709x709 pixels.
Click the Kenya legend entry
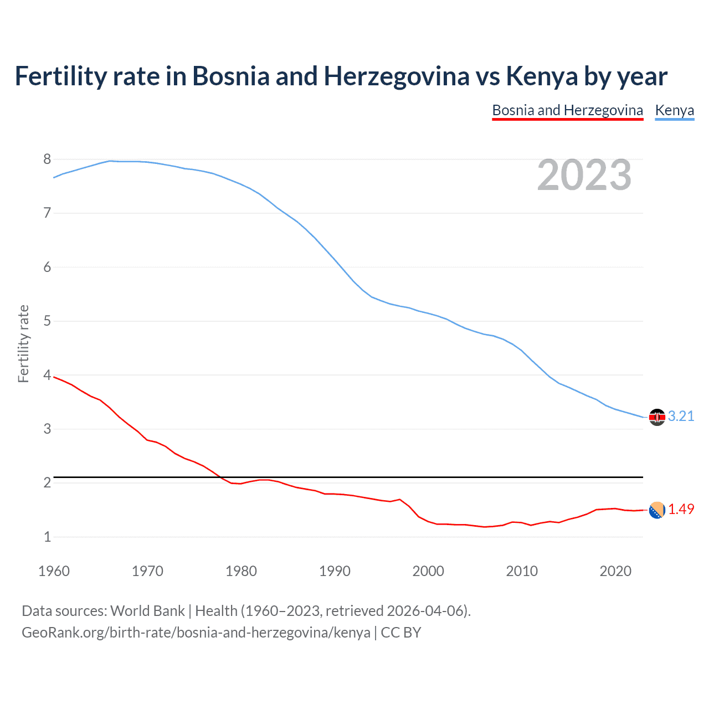(x=674, y=110)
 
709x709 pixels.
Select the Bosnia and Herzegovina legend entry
(x=567, y=110)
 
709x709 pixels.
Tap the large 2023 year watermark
(x=584, y=175)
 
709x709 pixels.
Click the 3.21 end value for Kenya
(x=681, y=416)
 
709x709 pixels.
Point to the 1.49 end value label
(x=681, y=509)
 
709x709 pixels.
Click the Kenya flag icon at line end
(x=657, y=417)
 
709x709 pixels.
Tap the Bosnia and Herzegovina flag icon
(x=657, y=510)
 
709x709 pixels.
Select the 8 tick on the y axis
(x=47, y=160)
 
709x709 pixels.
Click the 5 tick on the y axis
(x=47, y=321)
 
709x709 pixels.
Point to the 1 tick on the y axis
(x=47, y=537)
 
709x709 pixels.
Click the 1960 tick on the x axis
(x=54, y=571)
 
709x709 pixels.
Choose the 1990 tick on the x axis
(x=335, y=571)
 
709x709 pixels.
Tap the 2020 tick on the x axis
(x=615, y=571)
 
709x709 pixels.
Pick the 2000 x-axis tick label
(x=428, y=571)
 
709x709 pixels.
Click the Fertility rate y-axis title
(x=23, y=343)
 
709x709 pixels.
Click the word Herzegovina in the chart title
(x=397, y=76)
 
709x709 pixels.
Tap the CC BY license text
(x=401, y=633)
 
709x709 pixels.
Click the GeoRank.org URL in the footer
(x=196, y=633)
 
